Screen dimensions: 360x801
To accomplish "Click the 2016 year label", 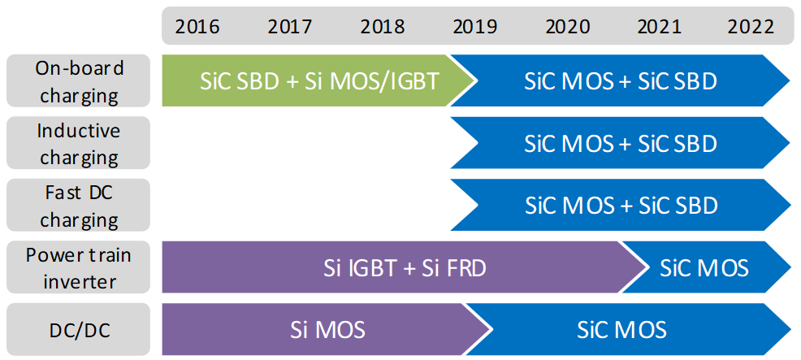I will pyautogui.click(x=197, y=27).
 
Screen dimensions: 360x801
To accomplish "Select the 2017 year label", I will pyautogui.click(x=290, y=27).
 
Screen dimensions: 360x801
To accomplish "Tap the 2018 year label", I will pyautogui.click(x=383, y=27).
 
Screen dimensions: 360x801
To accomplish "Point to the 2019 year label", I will pyautogui.click(x=475, y=27).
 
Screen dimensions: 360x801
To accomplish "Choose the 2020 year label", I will pyautogui.click(x=568, y=27).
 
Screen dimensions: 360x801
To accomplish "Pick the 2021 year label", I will pyautogui.click(x=660, y=27).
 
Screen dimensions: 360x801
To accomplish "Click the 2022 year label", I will pyautogui.click(x=751, y=27).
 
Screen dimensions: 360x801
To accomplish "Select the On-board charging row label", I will pyautogui.click(x=79, y=81).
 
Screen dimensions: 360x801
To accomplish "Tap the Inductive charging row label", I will pyautogui.click(x=79, y=143).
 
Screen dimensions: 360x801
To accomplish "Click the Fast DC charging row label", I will pyautogui.click(x=79, y=206).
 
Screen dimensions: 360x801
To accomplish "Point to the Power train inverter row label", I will pyautogui.click(x=79, y=267).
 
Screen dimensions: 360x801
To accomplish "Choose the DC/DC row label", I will pyautogui.click(x=79, y=330).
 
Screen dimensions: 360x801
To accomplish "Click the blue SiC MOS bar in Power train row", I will pyautogui.click(x=705, y=267).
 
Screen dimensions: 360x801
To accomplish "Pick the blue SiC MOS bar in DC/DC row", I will pyautogui.click(x=622, y=330).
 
